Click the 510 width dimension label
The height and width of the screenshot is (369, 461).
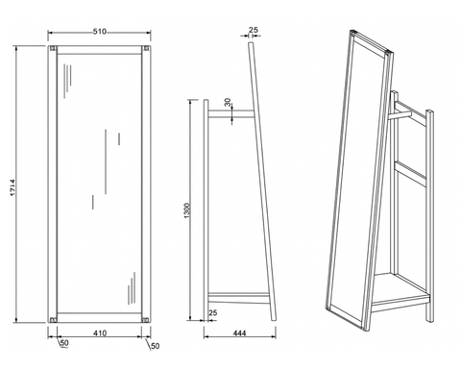[x=100, y=32]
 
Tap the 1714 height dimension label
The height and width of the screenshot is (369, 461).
[x=12, y=187]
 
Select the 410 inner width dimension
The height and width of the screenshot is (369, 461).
[x=100, y=333]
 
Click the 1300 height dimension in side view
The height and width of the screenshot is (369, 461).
[x=187, y=210]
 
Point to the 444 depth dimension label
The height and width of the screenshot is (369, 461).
[x=239, y=333]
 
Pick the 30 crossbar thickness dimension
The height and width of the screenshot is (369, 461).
[x=228, y=103]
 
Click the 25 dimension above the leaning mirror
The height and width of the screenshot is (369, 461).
[x=254, y=30]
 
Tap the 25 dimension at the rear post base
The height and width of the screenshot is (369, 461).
[x=212, y=312]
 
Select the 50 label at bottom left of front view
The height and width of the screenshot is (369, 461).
[x=64, y=343]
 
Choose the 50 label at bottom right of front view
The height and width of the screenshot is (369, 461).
[x=155, y=346]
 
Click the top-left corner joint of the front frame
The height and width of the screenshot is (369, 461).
[x=53, y=49]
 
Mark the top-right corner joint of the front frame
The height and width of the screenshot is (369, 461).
[x=146, y=49]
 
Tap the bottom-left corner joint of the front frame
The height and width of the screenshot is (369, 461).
[x=53, y=319]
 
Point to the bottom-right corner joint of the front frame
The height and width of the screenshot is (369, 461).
[x=146, y=319]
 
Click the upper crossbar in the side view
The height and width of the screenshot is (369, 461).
[x=231, y=113]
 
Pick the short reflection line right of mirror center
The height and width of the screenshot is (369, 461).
[x=119, y=138]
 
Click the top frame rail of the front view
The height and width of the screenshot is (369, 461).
[x=99, y=50]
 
